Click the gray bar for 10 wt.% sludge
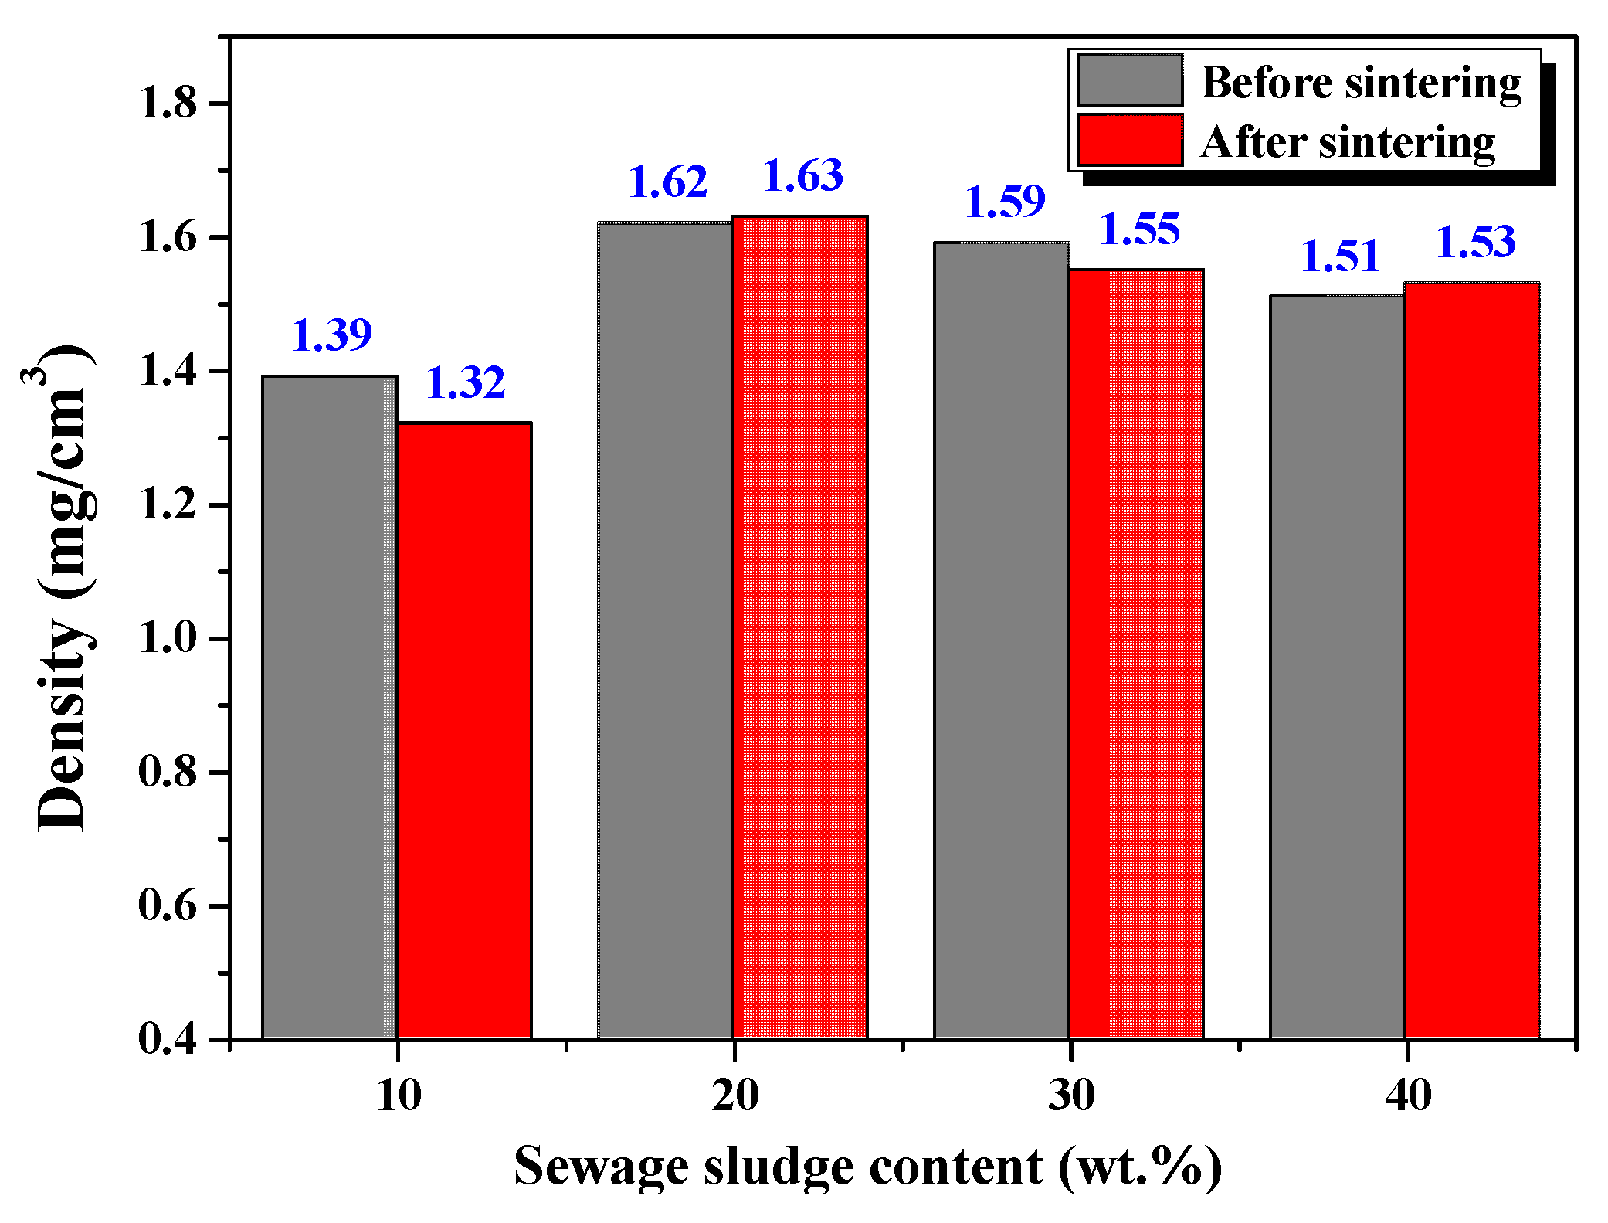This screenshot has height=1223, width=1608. click(330, 707)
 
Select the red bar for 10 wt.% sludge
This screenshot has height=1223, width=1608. click(464, 730)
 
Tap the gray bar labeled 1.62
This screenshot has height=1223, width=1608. click(666, 630)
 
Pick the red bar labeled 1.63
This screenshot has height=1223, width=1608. click(800, 627)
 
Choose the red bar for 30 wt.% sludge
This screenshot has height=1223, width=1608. click(1136, 654)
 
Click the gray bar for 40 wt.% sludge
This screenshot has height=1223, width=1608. click(1337, 666)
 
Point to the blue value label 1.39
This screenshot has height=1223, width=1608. click(332, 335)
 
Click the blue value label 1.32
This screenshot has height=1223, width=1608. click(466, 382)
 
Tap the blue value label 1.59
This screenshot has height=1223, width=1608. click(1005, 202)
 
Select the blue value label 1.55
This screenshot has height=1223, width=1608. click(1139, 229)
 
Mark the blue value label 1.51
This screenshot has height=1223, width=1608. click(1340, 256)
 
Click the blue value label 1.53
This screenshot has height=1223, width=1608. click(1475, 242)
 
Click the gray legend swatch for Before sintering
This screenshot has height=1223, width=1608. click(1130, 80)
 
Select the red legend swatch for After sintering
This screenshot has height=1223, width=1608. click(1130, 140)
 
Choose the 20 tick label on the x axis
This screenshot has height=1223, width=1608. click(734, 1096)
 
